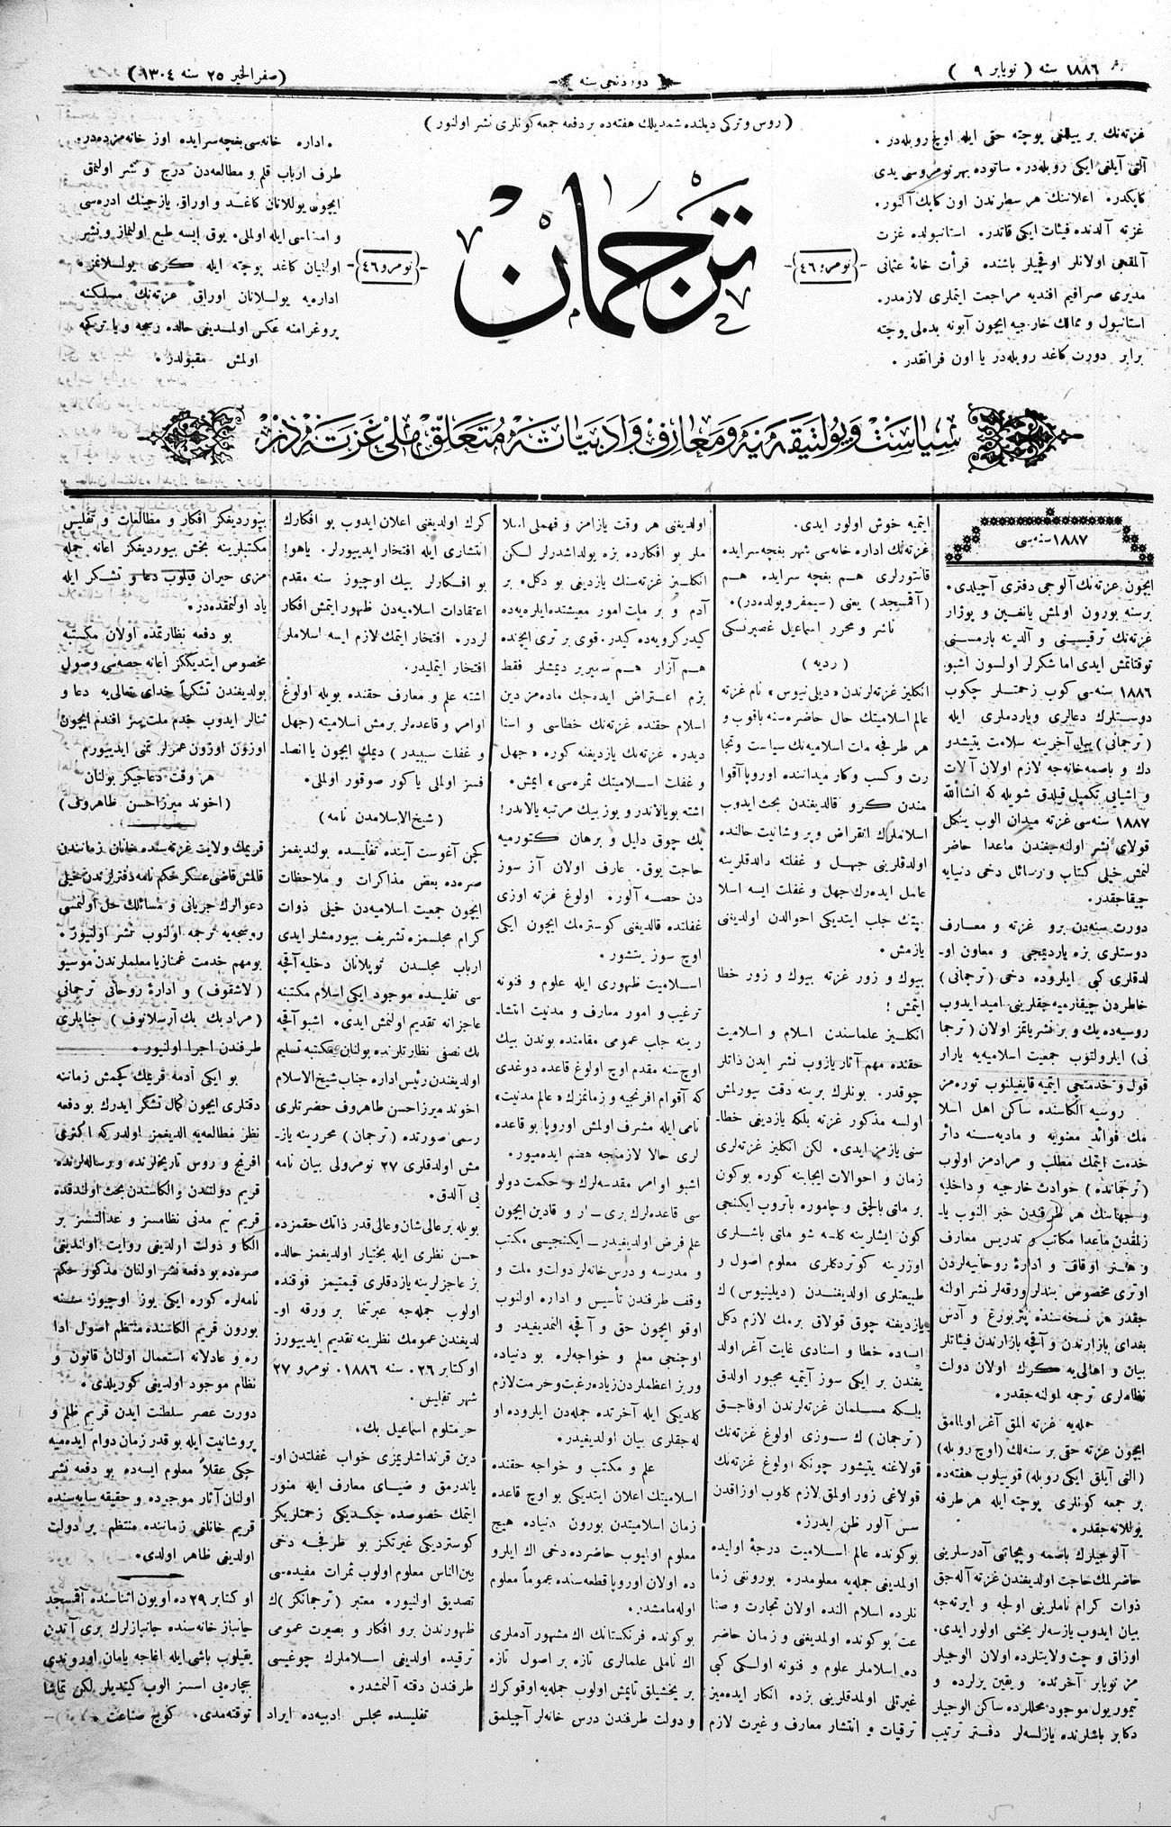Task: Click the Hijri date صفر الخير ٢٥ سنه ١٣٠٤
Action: tap(208, 72)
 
